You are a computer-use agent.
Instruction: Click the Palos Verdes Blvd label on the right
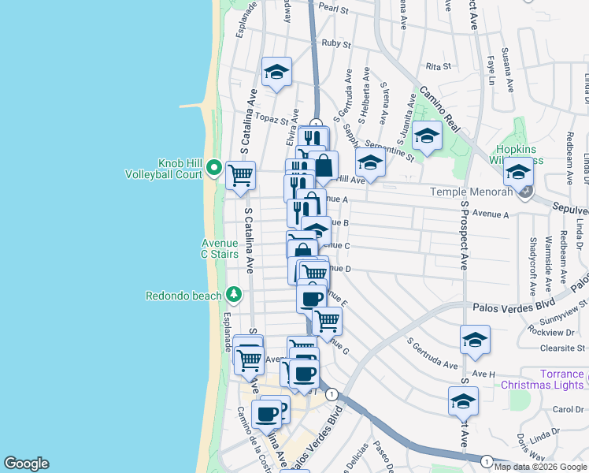513,307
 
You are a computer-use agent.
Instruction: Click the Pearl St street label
334,9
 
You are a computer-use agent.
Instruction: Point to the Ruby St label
336,43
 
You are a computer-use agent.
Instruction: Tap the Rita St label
436,69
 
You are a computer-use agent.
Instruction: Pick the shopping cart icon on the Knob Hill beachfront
240,175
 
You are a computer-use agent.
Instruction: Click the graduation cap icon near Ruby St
276,72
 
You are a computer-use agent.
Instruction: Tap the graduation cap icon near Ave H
475,340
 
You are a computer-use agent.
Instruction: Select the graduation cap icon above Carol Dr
463,400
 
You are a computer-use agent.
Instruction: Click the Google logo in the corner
25,464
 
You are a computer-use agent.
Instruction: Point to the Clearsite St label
562,347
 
